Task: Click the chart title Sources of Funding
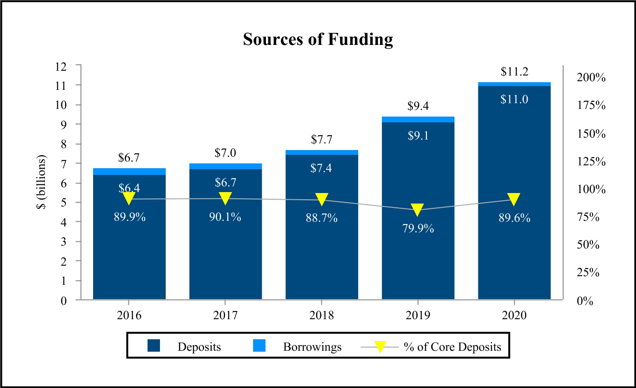click(318, 39)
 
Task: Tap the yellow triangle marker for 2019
click(418, 209)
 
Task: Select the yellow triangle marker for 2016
click(129, 198)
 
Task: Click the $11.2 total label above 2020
click(514, 72)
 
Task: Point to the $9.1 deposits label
click(418, 136)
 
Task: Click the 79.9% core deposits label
click(418, 228)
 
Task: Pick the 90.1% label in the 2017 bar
click(225, 217)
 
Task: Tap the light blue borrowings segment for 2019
click(418, 119)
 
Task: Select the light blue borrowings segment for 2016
click(129, 172)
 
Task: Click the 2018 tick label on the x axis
click(321, 316)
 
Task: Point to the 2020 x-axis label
click(514, 316)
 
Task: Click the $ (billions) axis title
click(44, 183)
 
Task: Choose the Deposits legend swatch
click(154, 346)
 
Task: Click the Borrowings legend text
click(312, 347)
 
